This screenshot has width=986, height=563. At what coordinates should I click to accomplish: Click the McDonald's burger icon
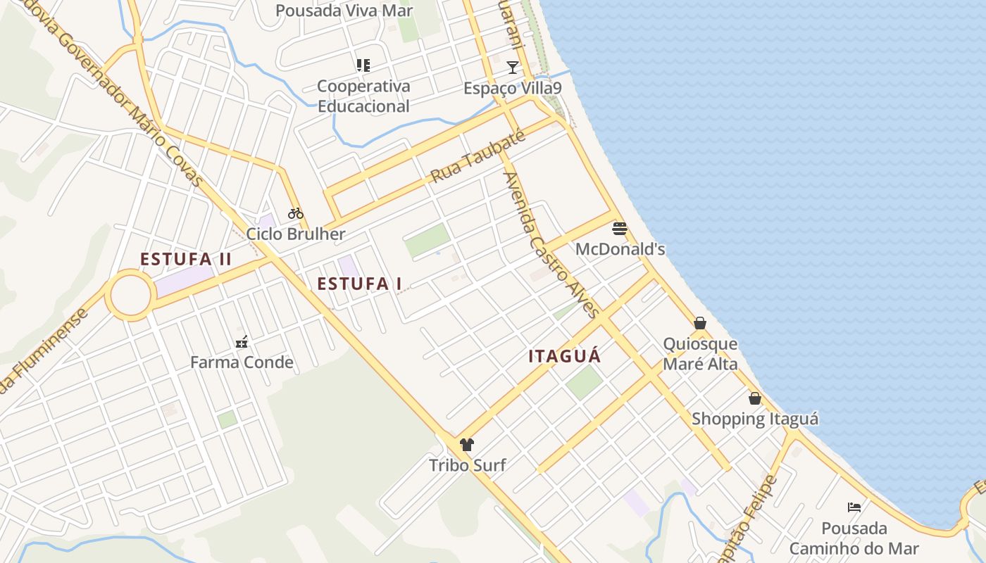pos(620,228)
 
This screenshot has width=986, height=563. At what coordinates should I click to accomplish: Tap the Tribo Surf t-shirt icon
pos(466,444)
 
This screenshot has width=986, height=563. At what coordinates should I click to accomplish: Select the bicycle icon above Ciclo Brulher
pos(295,213)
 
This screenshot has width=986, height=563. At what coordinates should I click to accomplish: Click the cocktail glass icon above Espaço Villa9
pos(513,68)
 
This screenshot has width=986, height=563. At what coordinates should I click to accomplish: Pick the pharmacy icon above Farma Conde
pos(242,342)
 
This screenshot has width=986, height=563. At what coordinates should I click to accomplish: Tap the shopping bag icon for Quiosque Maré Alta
pos(700,323)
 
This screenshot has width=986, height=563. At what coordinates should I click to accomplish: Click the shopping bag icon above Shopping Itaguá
pos(755,398)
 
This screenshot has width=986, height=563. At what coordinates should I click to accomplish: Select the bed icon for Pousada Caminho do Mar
pos(854,507)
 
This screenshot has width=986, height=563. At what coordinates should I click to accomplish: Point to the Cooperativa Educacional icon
pos(363,65)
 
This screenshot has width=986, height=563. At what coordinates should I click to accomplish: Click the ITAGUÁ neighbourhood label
pos(565,356)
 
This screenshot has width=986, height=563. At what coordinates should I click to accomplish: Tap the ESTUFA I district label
pos(359,284)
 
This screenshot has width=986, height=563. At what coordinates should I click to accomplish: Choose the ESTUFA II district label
pos(186,259)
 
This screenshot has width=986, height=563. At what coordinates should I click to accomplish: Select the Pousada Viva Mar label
pos(344,11)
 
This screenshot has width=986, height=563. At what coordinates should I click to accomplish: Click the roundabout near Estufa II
pos(130,295)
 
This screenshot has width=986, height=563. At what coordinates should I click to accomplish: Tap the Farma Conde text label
pos(242,362)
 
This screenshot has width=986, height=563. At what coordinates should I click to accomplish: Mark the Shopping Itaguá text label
pos(755,419)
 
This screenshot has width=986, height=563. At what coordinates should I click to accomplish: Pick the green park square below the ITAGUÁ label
pos(585,382)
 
